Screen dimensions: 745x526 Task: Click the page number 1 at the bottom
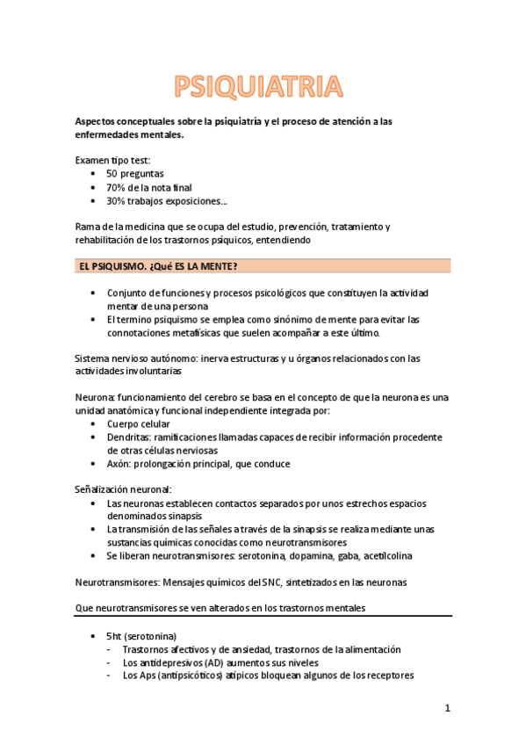[447, 708]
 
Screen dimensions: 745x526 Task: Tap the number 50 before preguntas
[112, 174]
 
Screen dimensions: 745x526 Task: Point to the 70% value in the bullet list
[115, 187]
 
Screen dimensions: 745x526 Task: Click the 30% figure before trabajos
[115, 201]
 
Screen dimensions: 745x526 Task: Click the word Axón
[119, 464]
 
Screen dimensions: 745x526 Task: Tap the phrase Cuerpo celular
[139, 423]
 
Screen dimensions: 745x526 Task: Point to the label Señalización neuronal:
[123, 489]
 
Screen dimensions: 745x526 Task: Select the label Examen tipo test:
[112, 160]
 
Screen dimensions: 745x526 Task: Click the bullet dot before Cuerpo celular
[93, 423]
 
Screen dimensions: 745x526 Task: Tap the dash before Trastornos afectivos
[108, 649]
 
